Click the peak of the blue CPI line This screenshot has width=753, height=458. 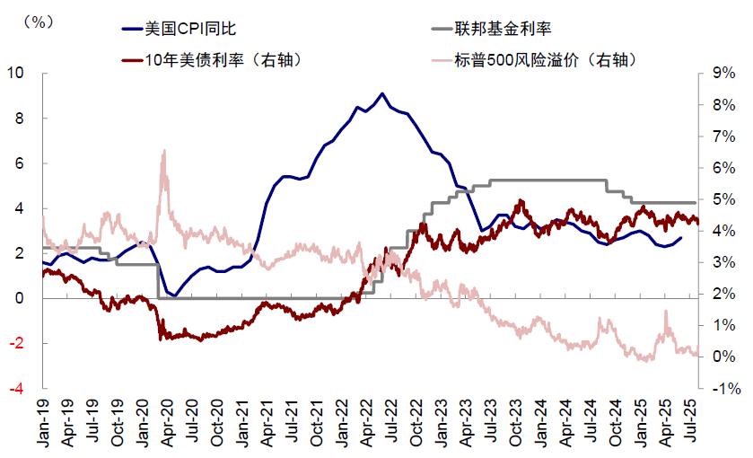pos(383,93)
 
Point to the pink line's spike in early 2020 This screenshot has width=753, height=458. pos(163,152)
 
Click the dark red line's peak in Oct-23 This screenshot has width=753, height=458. pos(520,201)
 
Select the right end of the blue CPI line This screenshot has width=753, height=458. pos(680,238)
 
